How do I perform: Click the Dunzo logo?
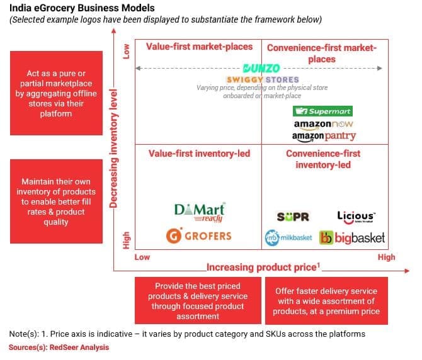pyautogui.click(x=261, y=69)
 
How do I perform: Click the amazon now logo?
pyautogui.click(x=324, y=124)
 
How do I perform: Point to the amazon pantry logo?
pyautogui.click(x=324, y=136)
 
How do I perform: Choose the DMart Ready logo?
pyautogui.click(x=199, y=212)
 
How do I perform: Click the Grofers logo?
pyautogui.click(x=199, y=236)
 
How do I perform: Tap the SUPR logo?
pyautogui.click(x=293, y=217)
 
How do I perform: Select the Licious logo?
pyautogui.click(x=356, y=217)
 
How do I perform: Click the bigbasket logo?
pyautogui.click(x=352, y=239)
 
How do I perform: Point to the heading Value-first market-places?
pyautogui.click(x=199, y=47)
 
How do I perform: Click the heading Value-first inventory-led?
pyautogui.click(x=199, y=154)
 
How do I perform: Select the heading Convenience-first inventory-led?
pyautogui.click(x=323, y=159)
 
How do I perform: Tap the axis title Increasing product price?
pyautogui.click(x=263, y=267)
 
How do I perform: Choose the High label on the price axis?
pyautogui.click(x=386, y=257)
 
